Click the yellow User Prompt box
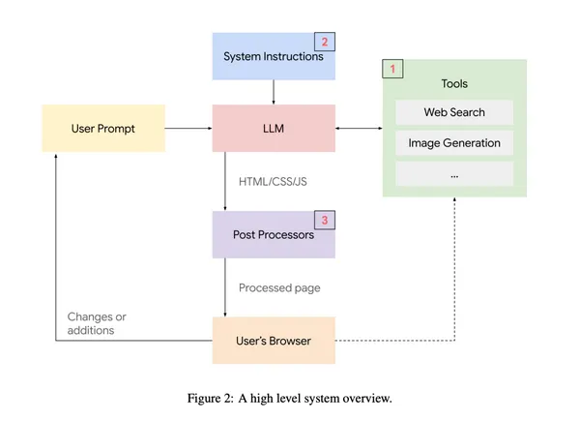click(103, 128)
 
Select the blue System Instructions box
click(274, 56)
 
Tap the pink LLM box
click(274, 128)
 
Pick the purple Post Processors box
click(274, 234)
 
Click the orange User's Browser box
click(274, 341)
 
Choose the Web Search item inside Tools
click(454, 112)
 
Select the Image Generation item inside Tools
click(454, 143)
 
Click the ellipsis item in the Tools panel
click(454, 174)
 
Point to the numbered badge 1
click(392, 70)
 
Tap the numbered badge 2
click(325, 42)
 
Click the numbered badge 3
click(325, 221)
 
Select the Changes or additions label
click(97, 323)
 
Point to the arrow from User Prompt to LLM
click(188, 128)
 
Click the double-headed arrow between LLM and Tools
click(359, 128)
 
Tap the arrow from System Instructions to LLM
click(275, 92)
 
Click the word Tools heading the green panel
click(454, 84)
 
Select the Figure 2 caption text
click(290, 398)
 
